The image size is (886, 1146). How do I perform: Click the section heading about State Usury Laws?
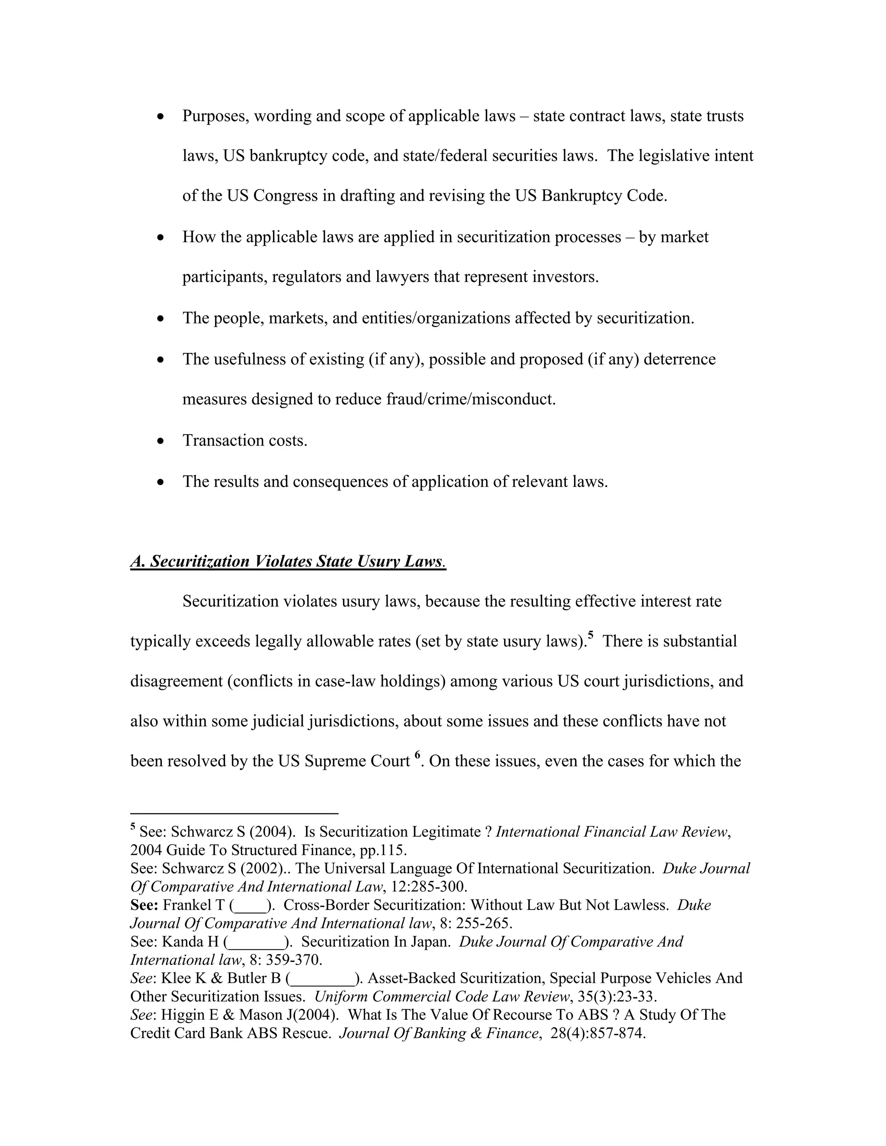pos(288,561)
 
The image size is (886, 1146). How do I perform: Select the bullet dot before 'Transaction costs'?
pos(161,441)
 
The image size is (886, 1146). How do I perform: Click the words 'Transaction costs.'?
pos(244,440)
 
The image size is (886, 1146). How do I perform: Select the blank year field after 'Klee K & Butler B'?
pos(322,979)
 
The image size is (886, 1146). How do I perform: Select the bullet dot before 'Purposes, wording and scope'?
pos(161,116)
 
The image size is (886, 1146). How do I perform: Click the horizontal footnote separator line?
pos(234,813)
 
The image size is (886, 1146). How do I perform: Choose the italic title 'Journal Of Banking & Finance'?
pos(439,1033)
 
